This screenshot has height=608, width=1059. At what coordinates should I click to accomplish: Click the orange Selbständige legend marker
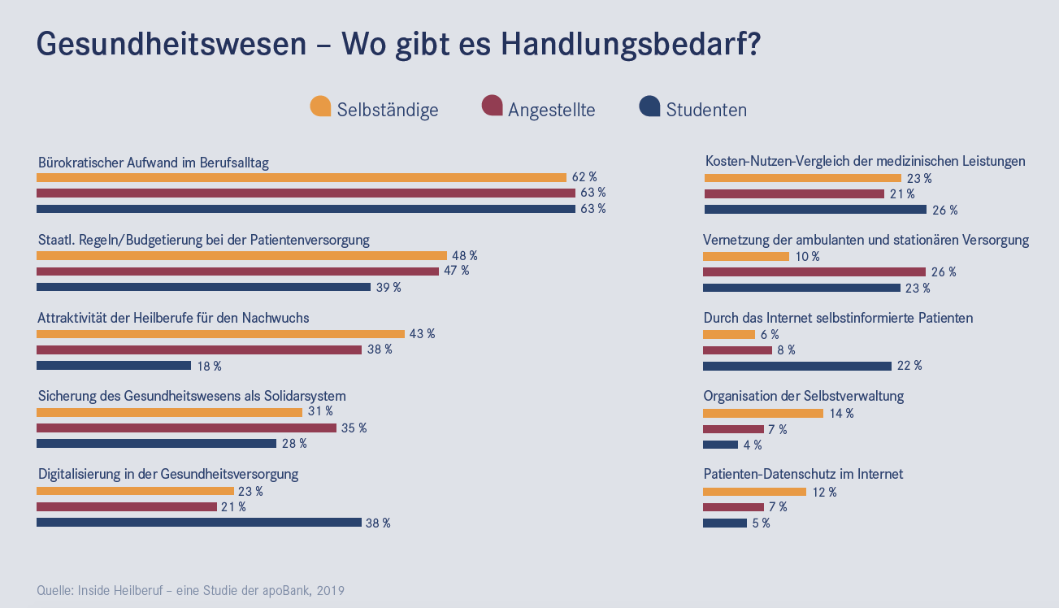pos(321,106)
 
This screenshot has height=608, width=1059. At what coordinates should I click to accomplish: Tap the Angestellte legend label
pos(551,110)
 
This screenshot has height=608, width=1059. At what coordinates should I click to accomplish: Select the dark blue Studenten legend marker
pos(650,106)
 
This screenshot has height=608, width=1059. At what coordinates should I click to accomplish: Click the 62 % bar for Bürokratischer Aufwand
pos(302,177)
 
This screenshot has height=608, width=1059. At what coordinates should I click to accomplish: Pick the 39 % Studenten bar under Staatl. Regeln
pos(204,287)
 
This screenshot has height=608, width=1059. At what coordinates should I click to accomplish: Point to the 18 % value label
pos(209,367)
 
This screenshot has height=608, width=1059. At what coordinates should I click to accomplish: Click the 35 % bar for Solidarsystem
pos(186,428)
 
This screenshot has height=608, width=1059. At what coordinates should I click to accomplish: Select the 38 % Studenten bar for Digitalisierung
pos(199,523)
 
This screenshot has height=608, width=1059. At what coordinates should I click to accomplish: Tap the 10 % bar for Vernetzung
pos(746,257)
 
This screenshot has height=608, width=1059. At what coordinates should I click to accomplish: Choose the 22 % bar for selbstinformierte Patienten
pos(797,366)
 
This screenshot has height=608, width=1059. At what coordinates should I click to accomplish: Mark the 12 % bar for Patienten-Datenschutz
pos(754,492)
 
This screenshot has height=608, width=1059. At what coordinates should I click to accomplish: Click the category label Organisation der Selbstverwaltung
pos(804,397)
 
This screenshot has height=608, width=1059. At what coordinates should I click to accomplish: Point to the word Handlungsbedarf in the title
pos(630,44)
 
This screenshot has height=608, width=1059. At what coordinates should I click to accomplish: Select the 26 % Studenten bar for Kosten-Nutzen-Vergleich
pos(815,210)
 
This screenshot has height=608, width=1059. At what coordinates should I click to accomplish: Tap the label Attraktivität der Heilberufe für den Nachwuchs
pos(173,318)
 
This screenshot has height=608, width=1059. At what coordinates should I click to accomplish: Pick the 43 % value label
pos(422,334)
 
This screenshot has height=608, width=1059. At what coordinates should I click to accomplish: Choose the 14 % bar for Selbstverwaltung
pos(763,413)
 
